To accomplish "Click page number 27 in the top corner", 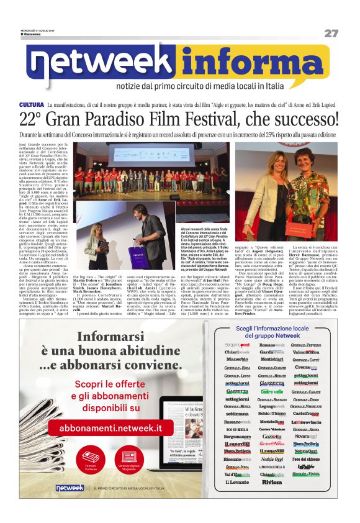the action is (x=330, y=33).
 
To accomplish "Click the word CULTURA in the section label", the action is (x=31, y=104).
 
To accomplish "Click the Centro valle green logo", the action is (x=271, y=391).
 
